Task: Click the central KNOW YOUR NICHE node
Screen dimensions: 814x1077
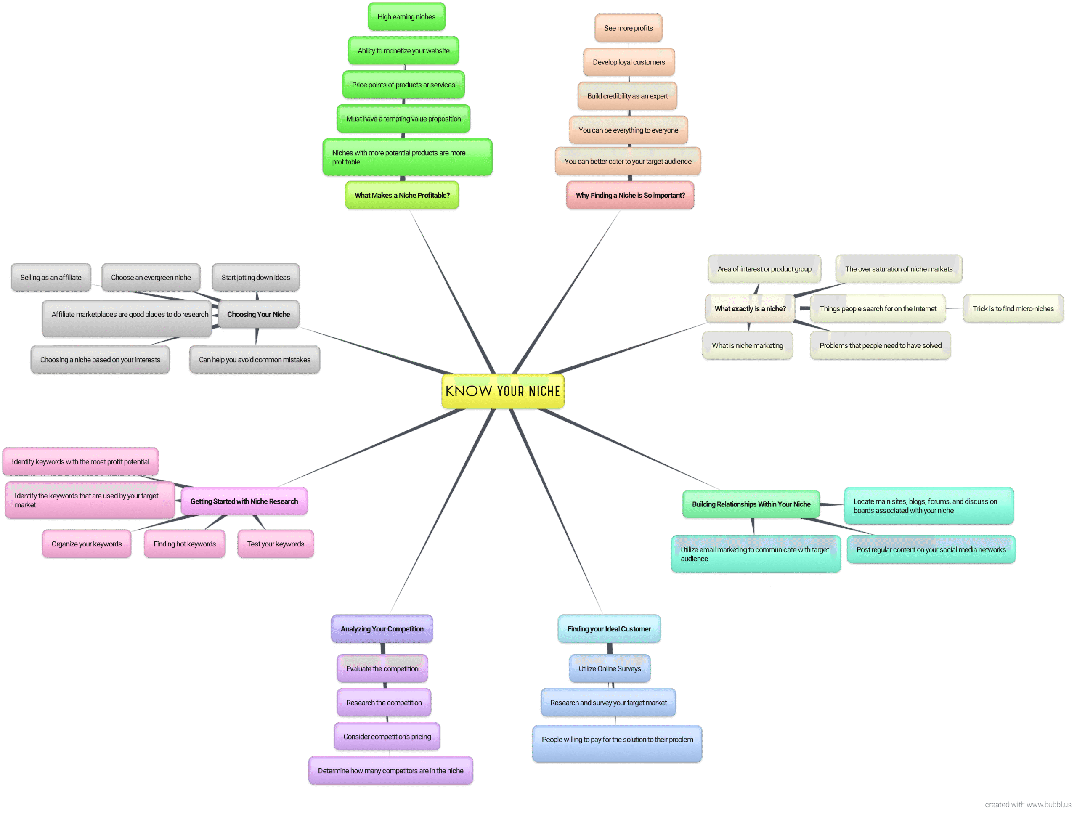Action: [502, 391]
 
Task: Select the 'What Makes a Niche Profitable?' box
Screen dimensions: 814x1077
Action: [402, 195]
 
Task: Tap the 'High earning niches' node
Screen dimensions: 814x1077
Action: [406, 16]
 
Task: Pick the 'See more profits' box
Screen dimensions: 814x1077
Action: [628, 28]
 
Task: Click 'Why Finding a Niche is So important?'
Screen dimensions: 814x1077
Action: [630, 195]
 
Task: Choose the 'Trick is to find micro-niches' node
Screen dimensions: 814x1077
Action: [1013, 309]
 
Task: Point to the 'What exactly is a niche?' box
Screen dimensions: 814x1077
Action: [750, 309]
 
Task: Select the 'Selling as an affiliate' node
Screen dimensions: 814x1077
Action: [50, 278]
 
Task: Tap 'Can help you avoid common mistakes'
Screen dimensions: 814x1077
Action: [254, 360]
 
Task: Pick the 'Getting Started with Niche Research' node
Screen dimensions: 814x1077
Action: [244, 501]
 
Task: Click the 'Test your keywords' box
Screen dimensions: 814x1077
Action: [275, 544]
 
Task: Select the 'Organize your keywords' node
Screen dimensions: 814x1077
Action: [87, 544]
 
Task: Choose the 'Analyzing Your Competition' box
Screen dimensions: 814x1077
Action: [382, 629]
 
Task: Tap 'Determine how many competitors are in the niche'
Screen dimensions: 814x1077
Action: [390, 771]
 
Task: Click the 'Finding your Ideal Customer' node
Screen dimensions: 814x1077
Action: [609, 629]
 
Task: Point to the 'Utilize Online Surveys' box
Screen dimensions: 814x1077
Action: [610, 668]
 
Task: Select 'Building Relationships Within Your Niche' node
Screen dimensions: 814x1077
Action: [751, 504]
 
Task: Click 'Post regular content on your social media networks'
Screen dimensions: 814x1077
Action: [931, 550]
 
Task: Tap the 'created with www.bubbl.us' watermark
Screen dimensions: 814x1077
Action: [1027, 805]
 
